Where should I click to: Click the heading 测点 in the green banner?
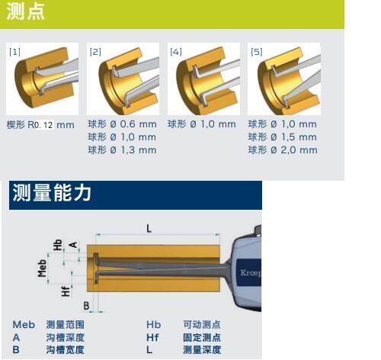25,11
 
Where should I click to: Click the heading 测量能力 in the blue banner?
52,193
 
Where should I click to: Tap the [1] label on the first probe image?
14,52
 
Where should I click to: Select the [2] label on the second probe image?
95,52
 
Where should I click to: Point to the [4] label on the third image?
176,52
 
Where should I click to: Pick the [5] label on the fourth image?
256,52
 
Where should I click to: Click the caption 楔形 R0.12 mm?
40,125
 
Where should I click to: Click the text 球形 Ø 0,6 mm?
122,124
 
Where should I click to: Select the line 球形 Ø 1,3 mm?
122,150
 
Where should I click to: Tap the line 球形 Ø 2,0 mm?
283,150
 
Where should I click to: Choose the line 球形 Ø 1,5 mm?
283,137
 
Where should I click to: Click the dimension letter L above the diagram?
149,228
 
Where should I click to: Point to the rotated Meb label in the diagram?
42,268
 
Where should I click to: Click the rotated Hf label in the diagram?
66,291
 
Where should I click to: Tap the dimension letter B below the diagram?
86,306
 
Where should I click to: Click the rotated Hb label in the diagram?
58,245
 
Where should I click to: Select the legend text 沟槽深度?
66,337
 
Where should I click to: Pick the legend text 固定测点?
202,337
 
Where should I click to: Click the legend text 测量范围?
66,325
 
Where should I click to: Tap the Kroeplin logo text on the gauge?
251,273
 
